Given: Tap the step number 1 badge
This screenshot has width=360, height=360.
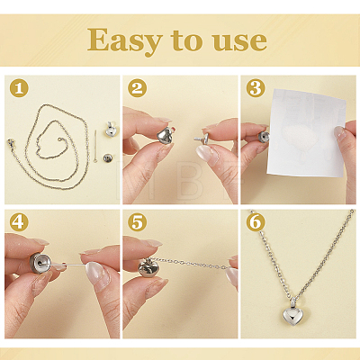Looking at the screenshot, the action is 19,88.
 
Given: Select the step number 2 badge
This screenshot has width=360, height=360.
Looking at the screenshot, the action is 137,88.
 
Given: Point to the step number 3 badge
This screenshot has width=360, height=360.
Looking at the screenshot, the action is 256,88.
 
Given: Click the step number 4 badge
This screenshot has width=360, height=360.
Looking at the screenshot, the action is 19,222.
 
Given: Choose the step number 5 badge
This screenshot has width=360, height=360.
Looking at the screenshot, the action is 137,222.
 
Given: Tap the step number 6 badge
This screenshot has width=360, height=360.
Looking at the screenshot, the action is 256,222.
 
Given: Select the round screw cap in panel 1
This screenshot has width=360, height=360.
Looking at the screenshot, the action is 108,157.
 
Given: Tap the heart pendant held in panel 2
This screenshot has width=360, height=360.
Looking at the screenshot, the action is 166,136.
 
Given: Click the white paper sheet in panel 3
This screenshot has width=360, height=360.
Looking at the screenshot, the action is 307,133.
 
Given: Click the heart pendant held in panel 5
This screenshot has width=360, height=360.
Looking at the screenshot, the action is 148,267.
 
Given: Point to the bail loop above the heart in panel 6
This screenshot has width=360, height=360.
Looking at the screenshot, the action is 292,301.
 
